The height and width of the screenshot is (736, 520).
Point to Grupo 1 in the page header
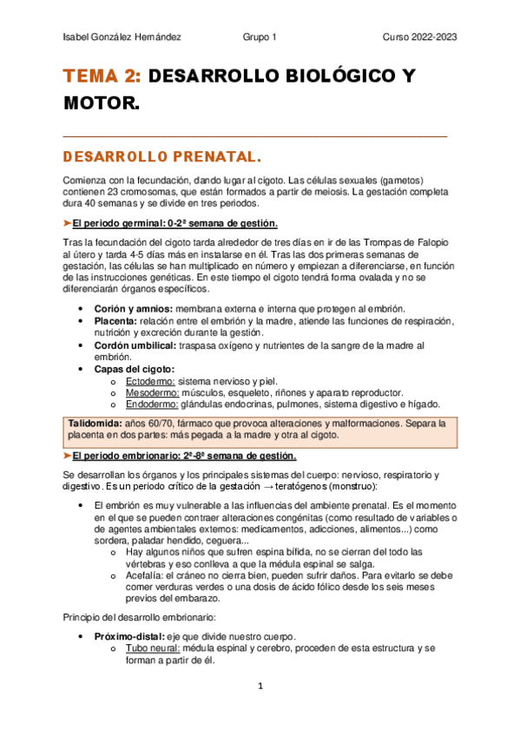point(260,37)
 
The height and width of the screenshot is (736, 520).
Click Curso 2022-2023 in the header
point(420,37)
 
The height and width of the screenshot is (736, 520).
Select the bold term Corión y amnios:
point(133,309)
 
